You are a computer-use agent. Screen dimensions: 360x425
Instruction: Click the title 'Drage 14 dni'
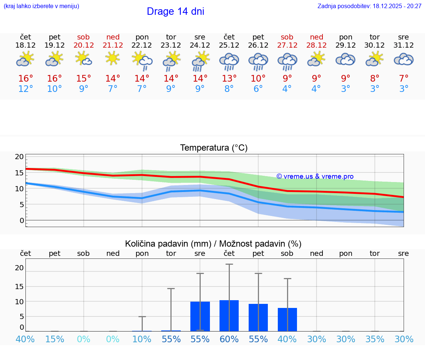175,11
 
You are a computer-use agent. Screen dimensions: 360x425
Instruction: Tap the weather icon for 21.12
113,58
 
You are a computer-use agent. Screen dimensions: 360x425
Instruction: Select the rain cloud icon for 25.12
229,61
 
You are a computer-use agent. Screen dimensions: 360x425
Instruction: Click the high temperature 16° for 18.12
25,79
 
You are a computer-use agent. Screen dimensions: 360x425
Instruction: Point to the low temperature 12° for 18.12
25,89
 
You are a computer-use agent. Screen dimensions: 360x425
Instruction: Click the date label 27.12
287,45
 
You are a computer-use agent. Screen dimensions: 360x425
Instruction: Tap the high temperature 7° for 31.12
404,79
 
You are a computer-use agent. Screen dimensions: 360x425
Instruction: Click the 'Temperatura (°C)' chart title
214,148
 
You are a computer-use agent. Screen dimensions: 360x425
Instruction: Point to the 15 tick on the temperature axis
20,173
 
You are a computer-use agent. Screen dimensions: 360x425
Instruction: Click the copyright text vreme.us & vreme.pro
315,176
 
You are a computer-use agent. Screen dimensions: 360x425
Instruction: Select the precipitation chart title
213,244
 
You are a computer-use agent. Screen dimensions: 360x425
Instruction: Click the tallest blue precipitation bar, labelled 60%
229,316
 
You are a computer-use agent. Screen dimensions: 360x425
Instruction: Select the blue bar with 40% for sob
287,319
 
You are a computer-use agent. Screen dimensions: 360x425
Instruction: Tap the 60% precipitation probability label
229,339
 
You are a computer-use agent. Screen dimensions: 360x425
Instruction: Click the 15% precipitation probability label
55,339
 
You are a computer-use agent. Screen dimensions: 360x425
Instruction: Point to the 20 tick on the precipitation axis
20,268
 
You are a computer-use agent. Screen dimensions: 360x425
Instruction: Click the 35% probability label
375,339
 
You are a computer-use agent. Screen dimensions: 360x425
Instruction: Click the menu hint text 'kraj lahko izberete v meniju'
41,6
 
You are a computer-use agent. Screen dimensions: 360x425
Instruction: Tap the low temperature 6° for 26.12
258,89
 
